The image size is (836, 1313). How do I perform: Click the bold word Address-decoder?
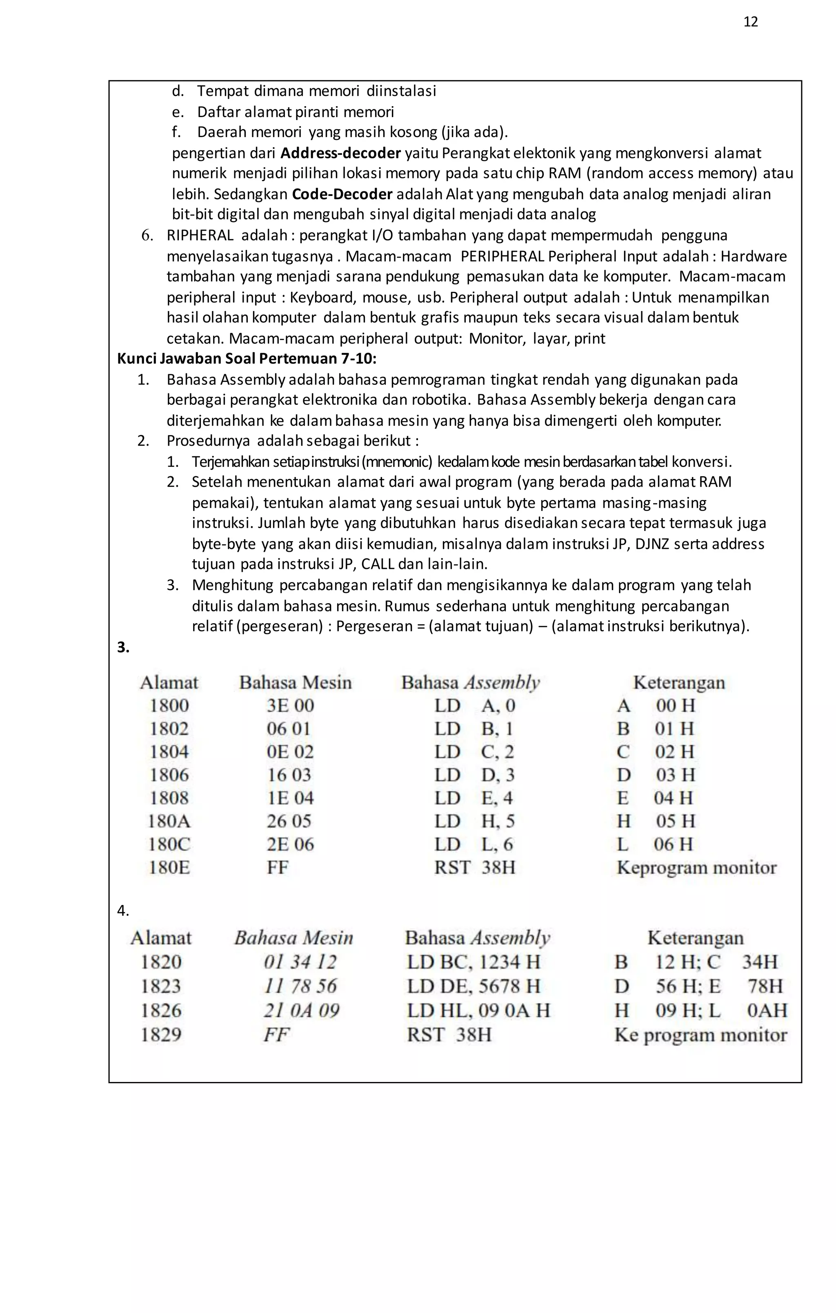[x=341, y=153]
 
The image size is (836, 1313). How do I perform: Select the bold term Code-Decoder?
[x=342, y=194]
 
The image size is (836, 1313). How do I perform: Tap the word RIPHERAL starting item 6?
[x=200, y=235]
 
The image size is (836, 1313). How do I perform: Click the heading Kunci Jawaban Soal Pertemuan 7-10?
[x=247, y=359]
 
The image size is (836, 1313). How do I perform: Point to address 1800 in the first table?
[x=169, y=706]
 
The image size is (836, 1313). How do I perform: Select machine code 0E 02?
[x=290, y=752]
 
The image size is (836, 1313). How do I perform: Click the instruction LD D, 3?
[x=474, y=775]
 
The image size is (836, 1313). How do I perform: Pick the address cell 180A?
[x=169, y=821]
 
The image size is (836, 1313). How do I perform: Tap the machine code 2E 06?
[x=290, y=844]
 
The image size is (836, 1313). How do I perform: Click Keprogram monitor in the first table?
[x=696, y=868]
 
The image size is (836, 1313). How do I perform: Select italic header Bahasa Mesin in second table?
[x=294, y=938]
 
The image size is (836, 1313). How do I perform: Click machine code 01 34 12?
[x=300, y=962]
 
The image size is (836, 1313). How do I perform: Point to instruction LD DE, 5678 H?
[x=474, y=986]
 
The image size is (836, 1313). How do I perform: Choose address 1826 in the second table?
[x=161, y=1011]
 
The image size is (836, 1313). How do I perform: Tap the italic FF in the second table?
[x=276, y=1034]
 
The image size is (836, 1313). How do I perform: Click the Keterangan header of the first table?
[x=678, y=683]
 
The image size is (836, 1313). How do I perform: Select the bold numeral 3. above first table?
[x=123, y=647]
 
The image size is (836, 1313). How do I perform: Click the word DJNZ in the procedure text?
[x=651, y=544]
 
